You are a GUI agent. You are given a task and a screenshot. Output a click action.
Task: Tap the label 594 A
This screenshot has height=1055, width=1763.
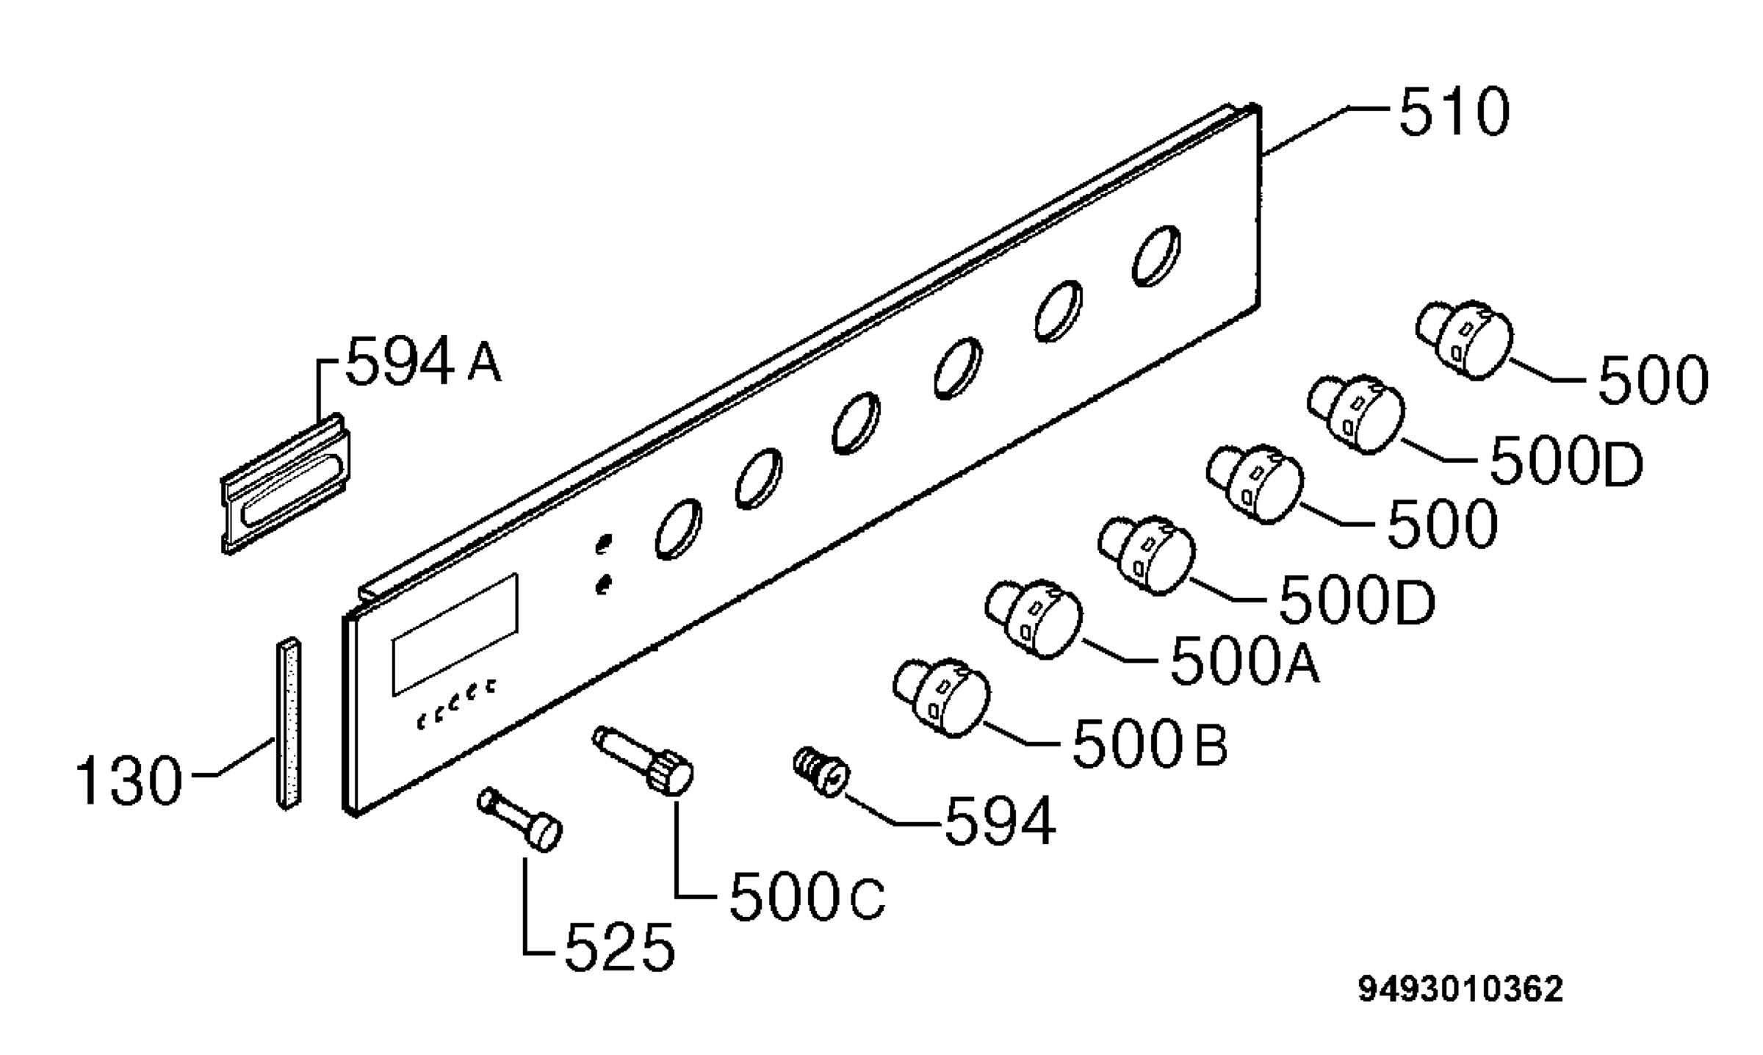click(x=424, y=361)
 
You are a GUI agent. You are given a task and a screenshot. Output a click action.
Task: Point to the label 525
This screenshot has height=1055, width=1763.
click(x=619, y=948)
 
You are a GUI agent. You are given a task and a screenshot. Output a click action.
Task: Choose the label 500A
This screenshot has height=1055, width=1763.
click(x=1244, y=660)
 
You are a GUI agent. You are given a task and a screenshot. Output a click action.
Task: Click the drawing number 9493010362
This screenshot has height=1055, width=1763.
click(x=1460, y=990)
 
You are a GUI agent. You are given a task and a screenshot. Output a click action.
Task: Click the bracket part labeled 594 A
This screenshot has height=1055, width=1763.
click(x=286, y=483)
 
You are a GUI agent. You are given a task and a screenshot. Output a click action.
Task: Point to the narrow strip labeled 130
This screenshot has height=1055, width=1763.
click(x=289, y=724)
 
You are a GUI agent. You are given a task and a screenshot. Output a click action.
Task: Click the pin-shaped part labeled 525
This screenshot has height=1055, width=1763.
click(x=521, y=819)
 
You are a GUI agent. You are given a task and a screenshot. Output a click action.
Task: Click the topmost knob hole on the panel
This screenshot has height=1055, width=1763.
click(x=1157, y=255)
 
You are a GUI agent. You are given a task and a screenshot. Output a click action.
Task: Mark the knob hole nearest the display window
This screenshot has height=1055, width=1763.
click(x=678, y=529)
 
